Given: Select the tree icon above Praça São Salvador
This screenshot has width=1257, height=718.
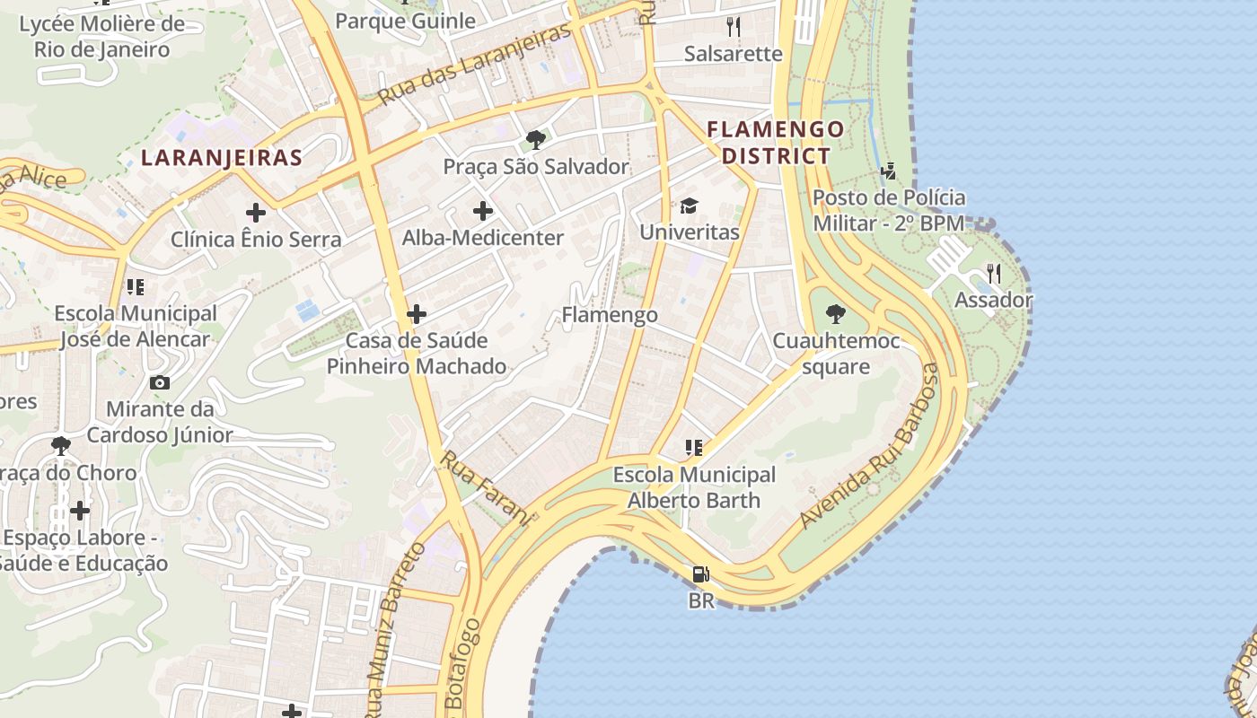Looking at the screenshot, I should pyautogui.click(x=535, y=140).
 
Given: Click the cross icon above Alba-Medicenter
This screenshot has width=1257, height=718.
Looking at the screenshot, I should pyautogui.click(x=483, y=212).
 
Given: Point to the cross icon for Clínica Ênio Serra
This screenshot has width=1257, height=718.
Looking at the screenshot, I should pyautogui.click(x=256, y=213).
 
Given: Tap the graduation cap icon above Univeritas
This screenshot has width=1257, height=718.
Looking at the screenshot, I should pyautogui.click(x=689, y=206).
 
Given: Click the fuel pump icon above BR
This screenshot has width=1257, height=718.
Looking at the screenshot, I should pyautogui.click(x=700, y=574).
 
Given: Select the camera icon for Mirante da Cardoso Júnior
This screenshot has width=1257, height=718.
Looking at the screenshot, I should pyautogui.click(x=160, y=383).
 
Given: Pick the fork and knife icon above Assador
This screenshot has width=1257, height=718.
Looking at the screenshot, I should pyautogui.click(x=993, y=273).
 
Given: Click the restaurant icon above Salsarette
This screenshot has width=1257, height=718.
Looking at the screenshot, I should pyautogui.click(x=734, y=27).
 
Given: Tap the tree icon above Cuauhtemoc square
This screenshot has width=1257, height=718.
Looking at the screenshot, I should pyautogui.click(x=835, y=314).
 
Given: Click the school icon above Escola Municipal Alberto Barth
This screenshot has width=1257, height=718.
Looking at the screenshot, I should pyautogui.click(x=693, y=447).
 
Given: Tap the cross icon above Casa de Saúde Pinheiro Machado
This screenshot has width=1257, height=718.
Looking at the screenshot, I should pyautogui.click(x=416, y=314).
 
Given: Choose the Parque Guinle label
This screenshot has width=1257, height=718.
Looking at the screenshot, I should pyautogui.click(x=405, y=21).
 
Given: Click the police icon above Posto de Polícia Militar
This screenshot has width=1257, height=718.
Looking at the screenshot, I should pyautogui.click(x=888, y=171).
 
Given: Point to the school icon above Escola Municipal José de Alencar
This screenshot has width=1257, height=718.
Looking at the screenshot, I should pyautogui.click(x=136, y=287).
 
